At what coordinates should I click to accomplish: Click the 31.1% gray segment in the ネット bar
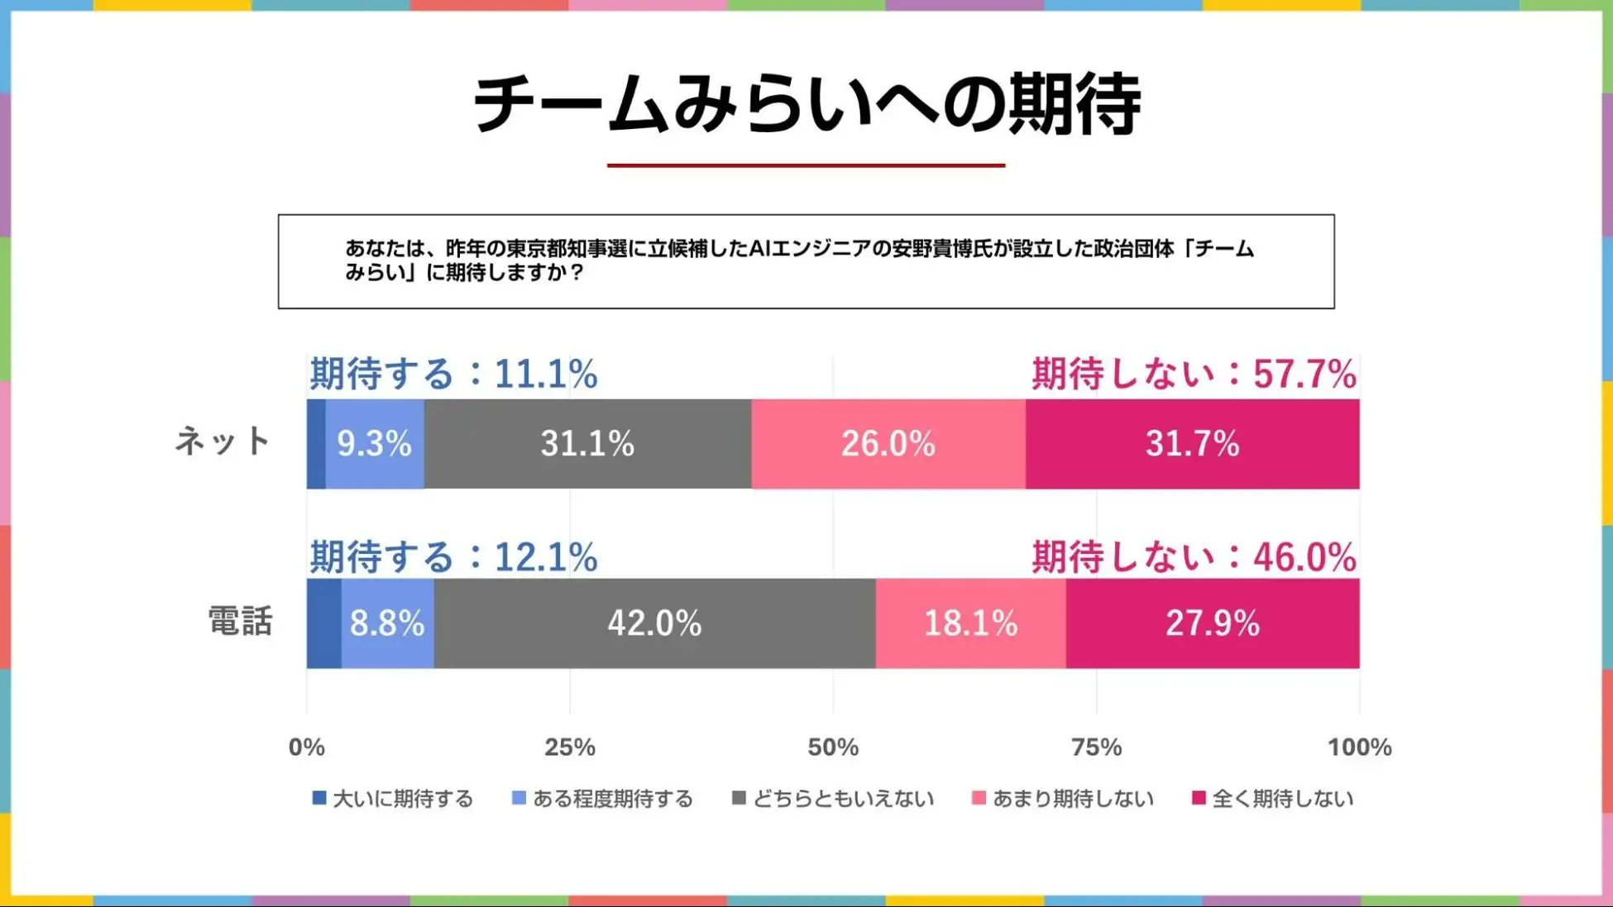(x=587, y=444)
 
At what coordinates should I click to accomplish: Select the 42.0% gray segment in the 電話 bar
(x=654, y=623)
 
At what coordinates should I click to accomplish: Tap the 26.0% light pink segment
(x=888, y=444)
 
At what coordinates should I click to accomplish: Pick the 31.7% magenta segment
(x=1192, y=444)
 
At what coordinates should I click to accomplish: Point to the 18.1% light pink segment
(x=970, y=623)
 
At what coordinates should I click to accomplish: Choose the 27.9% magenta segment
(x=1212, y=623)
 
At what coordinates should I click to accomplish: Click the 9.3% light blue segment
(x=374, y=444)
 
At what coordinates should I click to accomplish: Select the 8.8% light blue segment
(x=387, y=623)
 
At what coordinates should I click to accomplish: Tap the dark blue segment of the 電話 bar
(x=323, y=623)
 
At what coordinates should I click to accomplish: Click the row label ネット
(x=223, y=442)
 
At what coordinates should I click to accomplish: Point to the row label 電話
(x=240, y=621)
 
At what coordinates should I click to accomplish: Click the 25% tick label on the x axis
(x=569, y=747)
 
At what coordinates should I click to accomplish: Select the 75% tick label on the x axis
(x=1096, y=747)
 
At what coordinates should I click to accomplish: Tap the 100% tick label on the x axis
(x=1359, y=747)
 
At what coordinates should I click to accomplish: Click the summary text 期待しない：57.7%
(x=1194, y=374)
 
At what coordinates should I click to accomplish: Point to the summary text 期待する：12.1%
(x=453, y=557)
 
